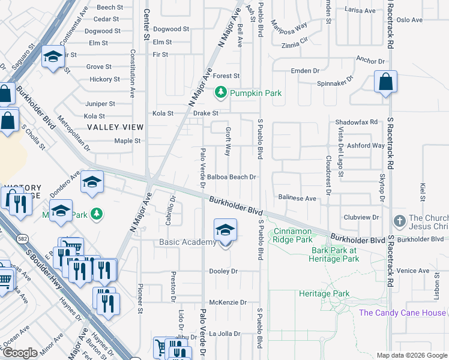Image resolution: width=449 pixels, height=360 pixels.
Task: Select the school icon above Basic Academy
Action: pyautogui.click(x=226, y=230)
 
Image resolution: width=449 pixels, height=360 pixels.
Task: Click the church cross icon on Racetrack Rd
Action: pyautogui.click(x=399, y=221)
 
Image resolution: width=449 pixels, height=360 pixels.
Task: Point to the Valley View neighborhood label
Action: pyautogui.click(x=115, y=127)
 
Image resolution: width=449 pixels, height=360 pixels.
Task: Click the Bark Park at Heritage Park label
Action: pyautogui.click(x=334, y=254)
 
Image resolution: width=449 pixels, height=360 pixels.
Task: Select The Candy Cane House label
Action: pyautogui.click(x=402, y=313)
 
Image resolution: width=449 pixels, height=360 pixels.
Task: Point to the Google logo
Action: pyautogui.click(x=20, y=353)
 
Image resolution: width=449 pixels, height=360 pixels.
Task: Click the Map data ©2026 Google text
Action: pyautogui.click(x=411, y=355)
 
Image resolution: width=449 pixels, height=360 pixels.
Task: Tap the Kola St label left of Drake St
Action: pyautogui.click(x=163, y=113)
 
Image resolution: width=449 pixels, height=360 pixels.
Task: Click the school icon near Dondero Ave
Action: pyautogui.click(x=92, y=181)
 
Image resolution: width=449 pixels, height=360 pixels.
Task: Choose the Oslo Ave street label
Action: pyautogui.click(x=409, y=20)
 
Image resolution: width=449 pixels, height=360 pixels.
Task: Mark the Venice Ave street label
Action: pyautogui.click(x=412, y=271)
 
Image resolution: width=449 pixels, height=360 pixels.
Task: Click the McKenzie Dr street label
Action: pyautogui.click(x=228, y=302)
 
